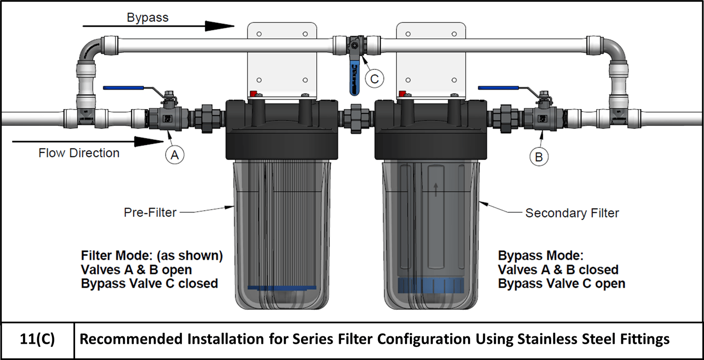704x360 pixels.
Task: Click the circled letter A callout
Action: (x=174, y=155)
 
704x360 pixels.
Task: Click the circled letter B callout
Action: (x=539, y=157)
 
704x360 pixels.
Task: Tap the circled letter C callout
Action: (x=374, y=79)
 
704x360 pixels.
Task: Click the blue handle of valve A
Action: (x=123, y=88)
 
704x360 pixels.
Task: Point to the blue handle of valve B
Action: (x=498, y=88)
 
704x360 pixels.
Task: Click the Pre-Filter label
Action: (x=150, y=212)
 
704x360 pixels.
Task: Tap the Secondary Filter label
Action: (x=571, y=213)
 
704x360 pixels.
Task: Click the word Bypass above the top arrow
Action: (x=147, y=18)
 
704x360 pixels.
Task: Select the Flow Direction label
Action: (x=79, y=153)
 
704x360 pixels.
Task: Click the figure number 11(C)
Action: (x=37, y=339)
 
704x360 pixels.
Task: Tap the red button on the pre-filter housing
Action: (x=253, y=94)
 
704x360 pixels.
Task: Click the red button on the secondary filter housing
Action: (x=402, y=94)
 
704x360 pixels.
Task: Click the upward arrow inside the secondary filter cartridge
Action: (x=436, y=189)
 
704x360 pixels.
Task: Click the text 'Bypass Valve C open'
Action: (x=561, y=284)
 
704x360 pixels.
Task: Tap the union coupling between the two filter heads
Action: (x=356, y=118)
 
